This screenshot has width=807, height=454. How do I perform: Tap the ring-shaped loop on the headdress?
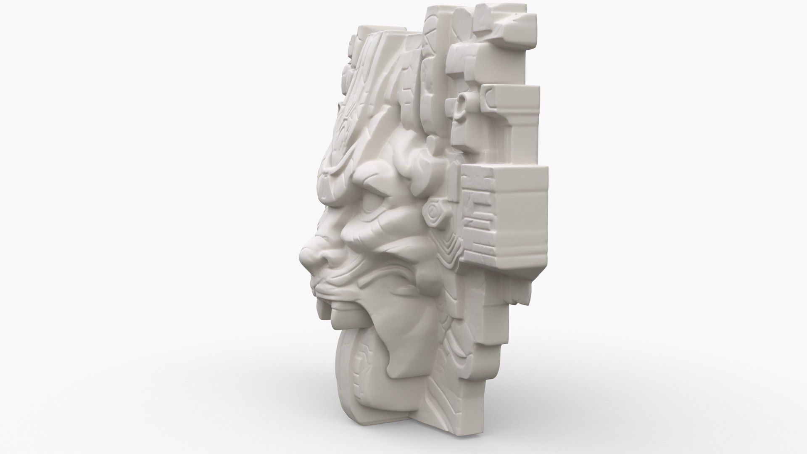[462, 101]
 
